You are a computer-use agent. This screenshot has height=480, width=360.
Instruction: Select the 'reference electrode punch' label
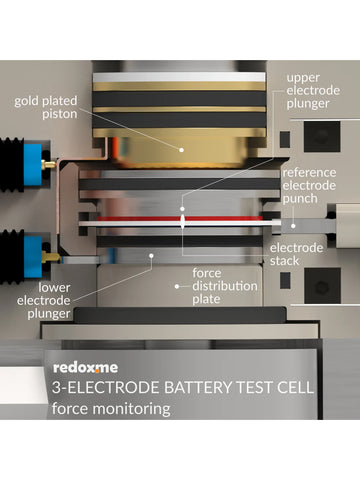(x=315, y=185)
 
